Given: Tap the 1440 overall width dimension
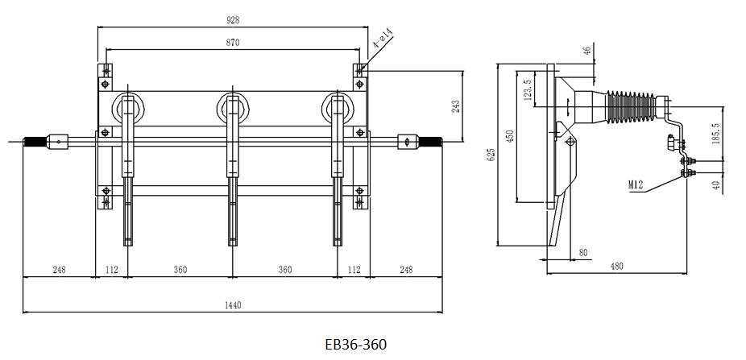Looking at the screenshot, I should (x=233, y=304).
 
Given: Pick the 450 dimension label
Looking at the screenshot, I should (x=508, y=138).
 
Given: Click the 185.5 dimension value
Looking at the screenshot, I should (x=717, y=130).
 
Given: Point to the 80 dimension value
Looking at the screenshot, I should (x=583, y=253).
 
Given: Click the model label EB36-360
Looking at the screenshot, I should (x=355, y=344).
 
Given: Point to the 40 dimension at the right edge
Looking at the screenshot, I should (x=717, y=185).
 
